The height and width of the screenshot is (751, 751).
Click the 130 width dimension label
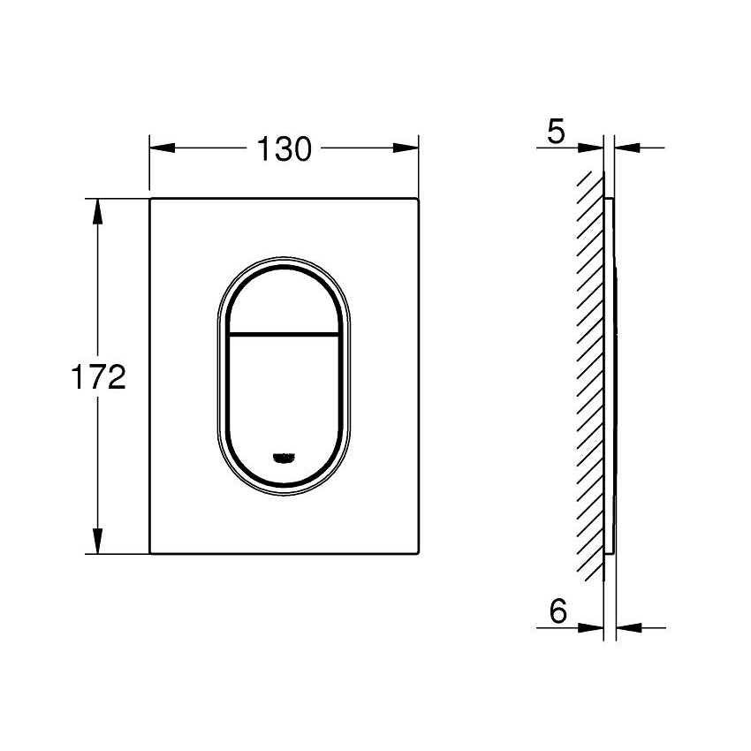point(284,149)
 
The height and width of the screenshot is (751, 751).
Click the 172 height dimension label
point(97,378)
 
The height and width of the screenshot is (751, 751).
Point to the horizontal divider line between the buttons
point(284,334)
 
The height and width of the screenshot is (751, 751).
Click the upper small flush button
point(284,300)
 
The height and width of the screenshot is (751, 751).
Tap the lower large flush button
point(284,398)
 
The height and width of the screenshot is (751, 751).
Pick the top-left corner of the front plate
point(151,201)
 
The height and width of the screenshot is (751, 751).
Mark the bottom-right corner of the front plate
point(416,553)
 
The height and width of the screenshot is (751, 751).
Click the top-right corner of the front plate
point(416,201)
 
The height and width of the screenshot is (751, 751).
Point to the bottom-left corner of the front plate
point(151,553)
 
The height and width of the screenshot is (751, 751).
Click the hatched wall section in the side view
point(590,371)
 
